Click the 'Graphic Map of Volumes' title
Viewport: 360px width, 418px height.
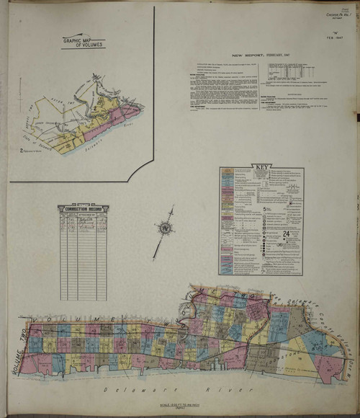tap(82, 42)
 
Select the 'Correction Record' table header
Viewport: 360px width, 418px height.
tap(83, 209)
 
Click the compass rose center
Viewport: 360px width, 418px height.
tap(164, 228)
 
